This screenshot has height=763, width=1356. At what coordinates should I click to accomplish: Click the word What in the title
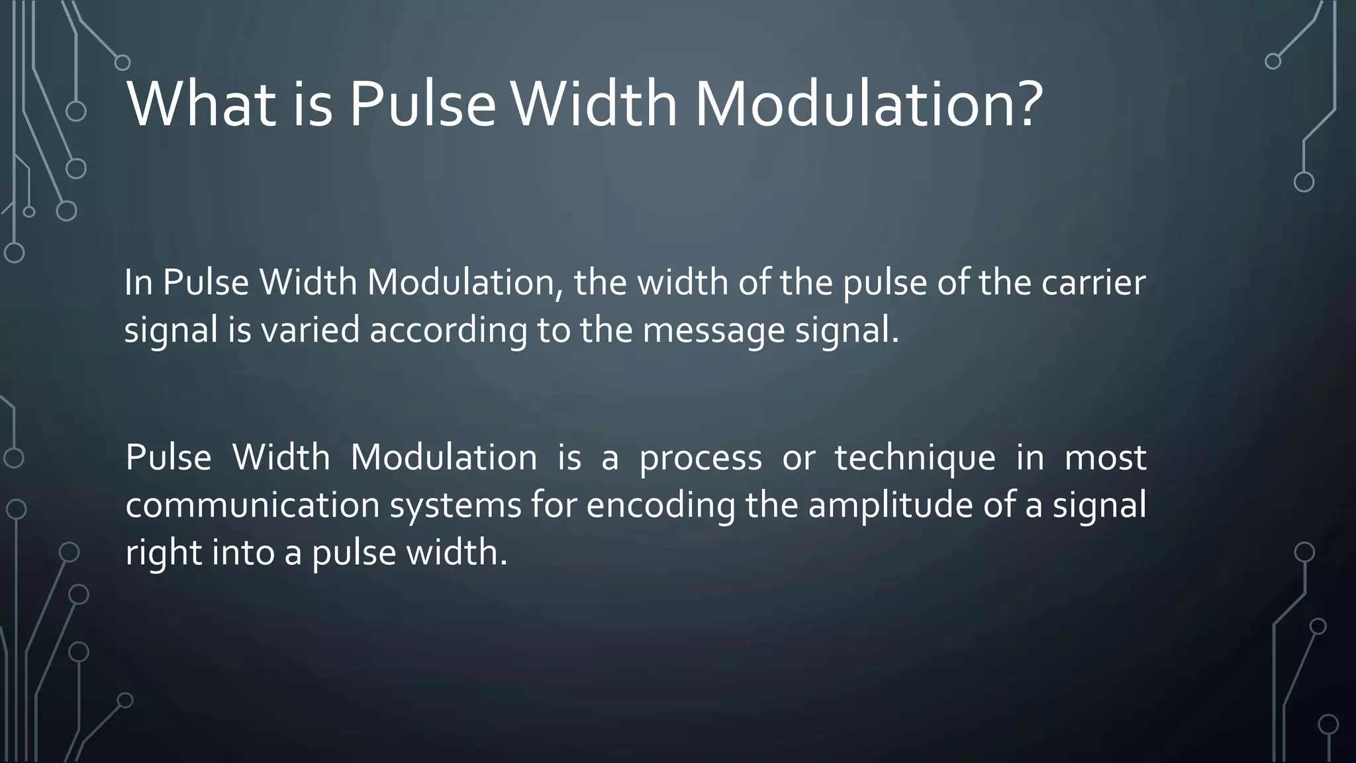pos(201,105)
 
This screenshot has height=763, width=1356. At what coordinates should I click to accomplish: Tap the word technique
pos(914,458)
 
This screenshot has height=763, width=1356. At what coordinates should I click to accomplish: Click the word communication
pos(252,505)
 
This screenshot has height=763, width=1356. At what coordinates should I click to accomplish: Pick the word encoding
pos(660,505)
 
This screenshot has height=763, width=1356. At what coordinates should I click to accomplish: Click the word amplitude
pos(889,505)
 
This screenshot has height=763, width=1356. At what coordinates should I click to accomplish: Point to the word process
pos(701,458)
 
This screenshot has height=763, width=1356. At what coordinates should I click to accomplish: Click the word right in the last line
pos(163,553)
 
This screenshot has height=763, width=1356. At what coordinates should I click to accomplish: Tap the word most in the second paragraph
pos(1105,458)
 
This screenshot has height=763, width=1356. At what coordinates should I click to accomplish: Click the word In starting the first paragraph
pos(138,283)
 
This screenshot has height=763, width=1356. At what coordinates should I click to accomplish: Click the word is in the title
pos(312,105)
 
